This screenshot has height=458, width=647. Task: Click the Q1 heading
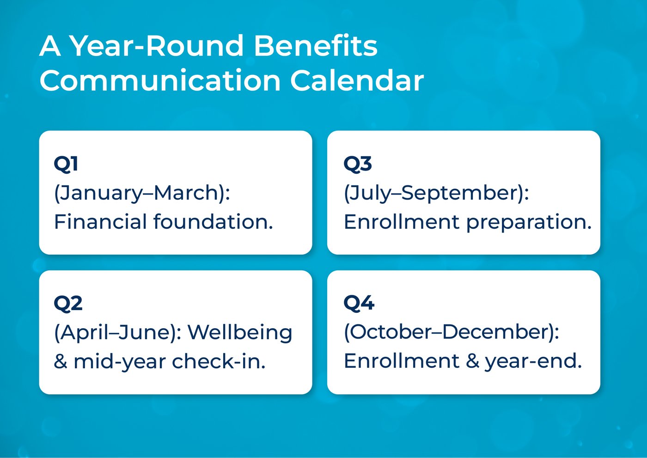pos(66,164)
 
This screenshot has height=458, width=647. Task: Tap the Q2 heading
pos(68,304)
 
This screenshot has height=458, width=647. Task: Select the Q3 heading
pos(358,164)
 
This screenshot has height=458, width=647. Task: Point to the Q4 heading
pos(359,304)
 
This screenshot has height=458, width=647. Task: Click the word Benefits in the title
pos(315,46)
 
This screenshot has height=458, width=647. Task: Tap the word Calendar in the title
pos(357,81)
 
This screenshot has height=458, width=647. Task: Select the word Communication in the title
pos(160,81)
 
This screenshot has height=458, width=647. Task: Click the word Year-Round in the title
pos(156,46)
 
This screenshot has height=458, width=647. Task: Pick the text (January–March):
pos(142,193)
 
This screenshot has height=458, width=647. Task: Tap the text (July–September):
pos(436,193)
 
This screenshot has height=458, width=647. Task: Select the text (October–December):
pos(451,333)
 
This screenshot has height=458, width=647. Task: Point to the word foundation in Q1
pos(213,222)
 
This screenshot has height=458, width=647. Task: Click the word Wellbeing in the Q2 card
pos(240,333)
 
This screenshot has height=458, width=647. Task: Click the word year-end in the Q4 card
pos(533,361)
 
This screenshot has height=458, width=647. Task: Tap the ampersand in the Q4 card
pos(472,361)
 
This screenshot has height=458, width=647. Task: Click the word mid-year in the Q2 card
pos(119,362)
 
